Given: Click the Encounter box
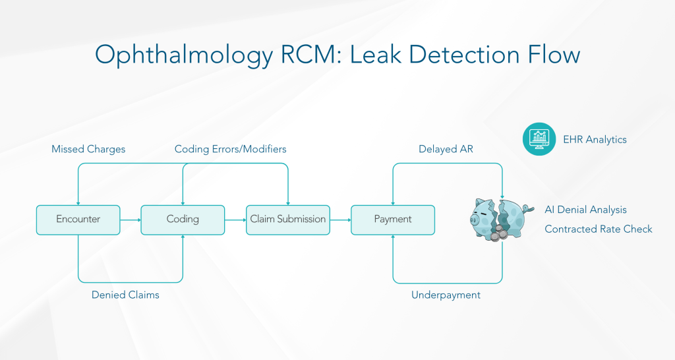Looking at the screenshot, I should click(78, 220).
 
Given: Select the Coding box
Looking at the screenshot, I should click(183, 220).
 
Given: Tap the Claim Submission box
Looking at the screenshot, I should click(287, 220).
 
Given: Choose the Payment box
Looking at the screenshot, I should click(392, 220).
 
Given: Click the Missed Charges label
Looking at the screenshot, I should click(88, 150).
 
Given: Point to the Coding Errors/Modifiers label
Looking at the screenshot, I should click(230, 150).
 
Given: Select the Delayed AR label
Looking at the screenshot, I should click(446, 150).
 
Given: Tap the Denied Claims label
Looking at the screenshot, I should click(125, 295).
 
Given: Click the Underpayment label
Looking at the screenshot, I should click(446, 295).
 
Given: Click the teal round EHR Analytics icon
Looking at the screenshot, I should click(539, 139).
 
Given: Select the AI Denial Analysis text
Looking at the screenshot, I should click(585, 210).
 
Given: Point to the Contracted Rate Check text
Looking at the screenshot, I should click(598, 229).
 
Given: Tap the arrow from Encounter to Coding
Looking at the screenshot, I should click(131, 220).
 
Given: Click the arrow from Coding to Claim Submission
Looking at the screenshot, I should click(235, 220).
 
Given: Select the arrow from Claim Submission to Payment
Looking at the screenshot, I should click(339, 220).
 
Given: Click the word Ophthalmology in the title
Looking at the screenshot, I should click(183, 54).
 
